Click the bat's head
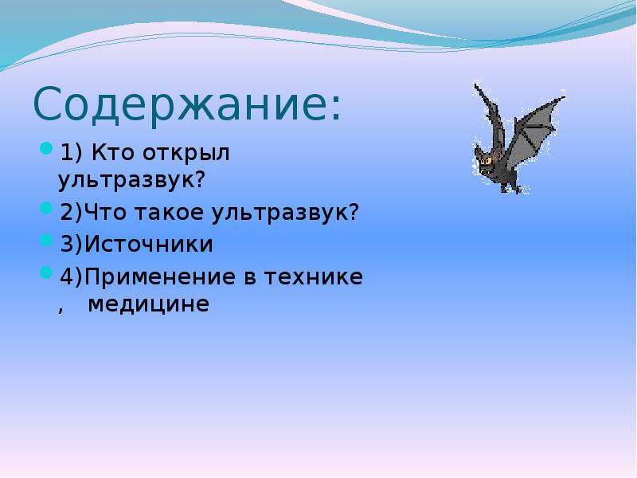pyautogui.click(x=487, y=164)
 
